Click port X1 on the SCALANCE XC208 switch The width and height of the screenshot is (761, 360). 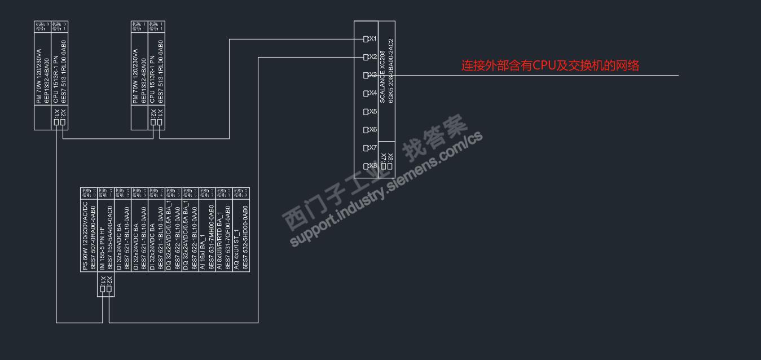click(x=366, y=39)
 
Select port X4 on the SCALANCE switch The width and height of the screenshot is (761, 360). click(x=366, y=93)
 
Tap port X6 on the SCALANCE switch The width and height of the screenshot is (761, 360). click(x=366, y=130)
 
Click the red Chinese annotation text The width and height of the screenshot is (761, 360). click(x=550, y=65)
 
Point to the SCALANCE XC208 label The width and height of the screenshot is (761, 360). click(x=382, y=79)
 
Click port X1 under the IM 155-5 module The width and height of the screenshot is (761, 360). click(x=103, y=289)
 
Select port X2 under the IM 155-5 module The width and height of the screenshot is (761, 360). click(x=109, y=289)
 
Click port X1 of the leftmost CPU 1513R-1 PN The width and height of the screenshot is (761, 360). click(x=56, y=122)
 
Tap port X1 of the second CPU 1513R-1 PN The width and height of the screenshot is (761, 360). click(x=160, y=122)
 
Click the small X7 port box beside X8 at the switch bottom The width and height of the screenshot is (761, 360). click(x=384, y=166)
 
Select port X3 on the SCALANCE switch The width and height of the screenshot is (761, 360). click(x=366, y=75)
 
